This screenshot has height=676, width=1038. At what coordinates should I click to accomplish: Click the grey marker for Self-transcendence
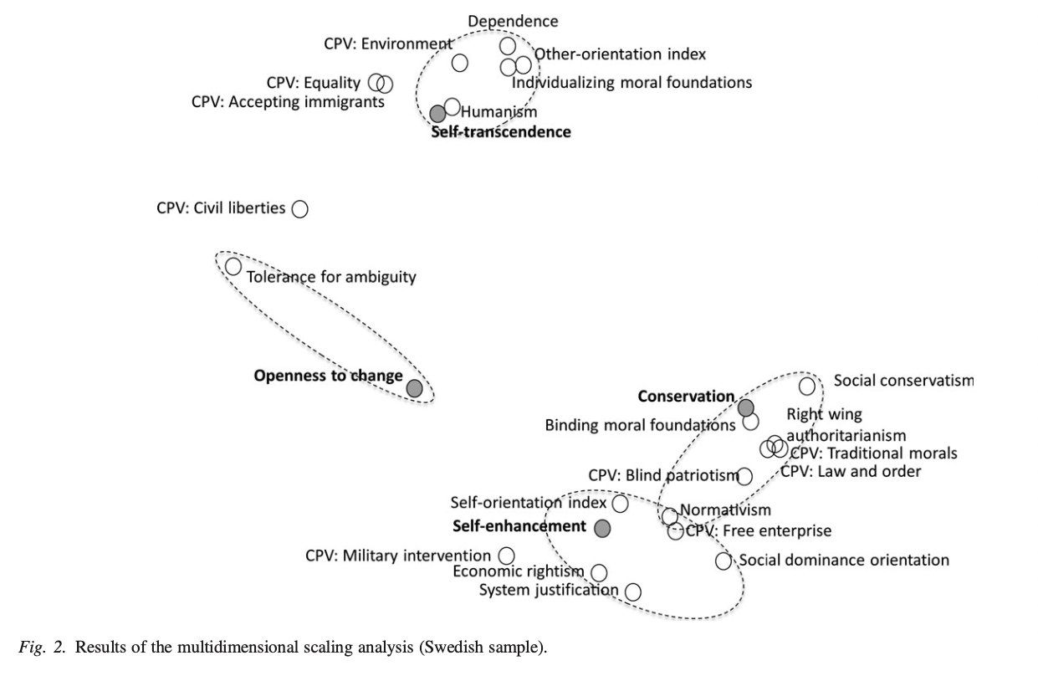tap(437, 113)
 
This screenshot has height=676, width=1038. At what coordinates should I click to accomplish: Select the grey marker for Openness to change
tap(414, 387)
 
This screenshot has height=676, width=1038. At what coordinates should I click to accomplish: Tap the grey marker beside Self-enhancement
tap(601, 528)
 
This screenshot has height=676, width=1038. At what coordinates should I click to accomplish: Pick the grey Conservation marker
tap(745, 407)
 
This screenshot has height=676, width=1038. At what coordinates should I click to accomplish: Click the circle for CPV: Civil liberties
tap(300, 209)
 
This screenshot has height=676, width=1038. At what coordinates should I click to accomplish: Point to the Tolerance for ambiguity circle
tap(233, 266)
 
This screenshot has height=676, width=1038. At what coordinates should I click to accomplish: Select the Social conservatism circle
tap(807, 386)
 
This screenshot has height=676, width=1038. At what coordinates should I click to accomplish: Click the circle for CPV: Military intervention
tap(506, 556)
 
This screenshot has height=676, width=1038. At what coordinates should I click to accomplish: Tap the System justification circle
tap(632, 591)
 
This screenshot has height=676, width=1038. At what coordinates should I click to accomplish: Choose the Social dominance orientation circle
tap(724, 561)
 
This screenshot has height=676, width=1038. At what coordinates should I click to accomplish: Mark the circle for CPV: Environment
tap(459, 62)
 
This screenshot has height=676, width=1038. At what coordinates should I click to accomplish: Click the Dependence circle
tap(508, 45)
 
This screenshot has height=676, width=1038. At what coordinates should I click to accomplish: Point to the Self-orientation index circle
tap(621, 504)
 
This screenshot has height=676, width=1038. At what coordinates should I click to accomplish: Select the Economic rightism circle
tap(599, 572)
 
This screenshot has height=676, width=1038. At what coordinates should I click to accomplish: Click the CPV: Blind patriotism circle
tap(744, 476)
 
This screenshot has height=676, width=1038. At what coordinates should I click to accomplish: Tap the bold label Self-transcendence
tap(501, 132)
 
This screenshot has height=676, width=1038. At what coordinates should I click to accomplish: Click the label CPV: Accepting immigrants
tap(288, 101)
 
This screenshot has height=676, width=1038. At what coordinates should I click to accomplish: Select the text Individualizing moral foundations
tap(632, 82)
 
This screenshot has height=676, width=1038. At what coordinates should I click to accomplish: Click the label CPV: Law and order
tap(851, 472)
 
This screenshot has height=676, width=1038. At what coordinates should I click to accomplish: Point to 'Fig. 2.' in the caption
tap(42, 648)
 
